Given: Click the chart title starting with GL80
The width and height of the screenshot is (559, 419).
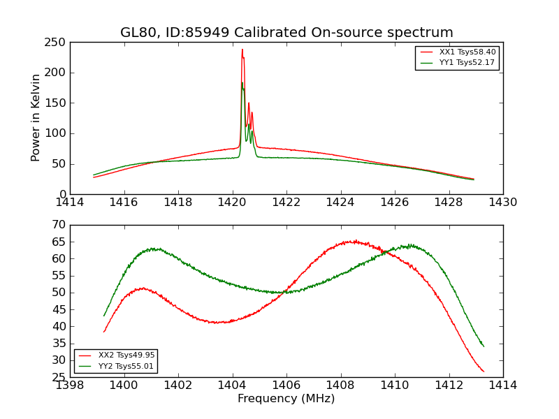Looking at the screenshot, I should click(x=286, y=33).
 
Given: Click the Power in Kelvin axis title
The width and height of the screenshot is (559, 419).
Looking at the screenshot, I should click(x=36, y=118).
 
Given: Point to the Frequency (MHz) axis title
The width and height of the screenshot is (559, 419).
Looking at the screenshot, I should click(x=286, y=399).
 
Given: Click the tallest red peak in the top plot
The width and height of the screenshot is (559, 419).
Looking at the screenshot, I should click(x=242, y=50).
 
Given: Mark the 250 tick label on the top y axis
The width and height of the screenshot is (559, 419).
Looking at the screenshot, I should click(x=57, y=42).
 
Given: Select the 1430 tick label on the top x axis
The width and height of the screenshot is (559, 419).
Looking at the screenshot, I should click(x=503, y=203).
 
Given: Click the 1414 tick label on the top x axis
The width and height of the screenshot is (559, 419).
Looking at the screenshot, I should click(x=70, y=203).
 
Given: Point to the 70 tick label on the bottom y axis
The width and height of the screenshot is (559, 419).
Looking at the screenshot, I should click(x=60, y=225).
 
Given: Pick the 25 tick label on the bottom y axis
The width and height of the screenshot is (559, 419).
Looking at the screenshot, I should click(x=60, y=377).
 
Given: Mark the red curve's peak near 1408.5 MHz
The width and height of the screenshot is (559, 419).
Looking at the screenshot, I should click(x=354, y=242).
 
